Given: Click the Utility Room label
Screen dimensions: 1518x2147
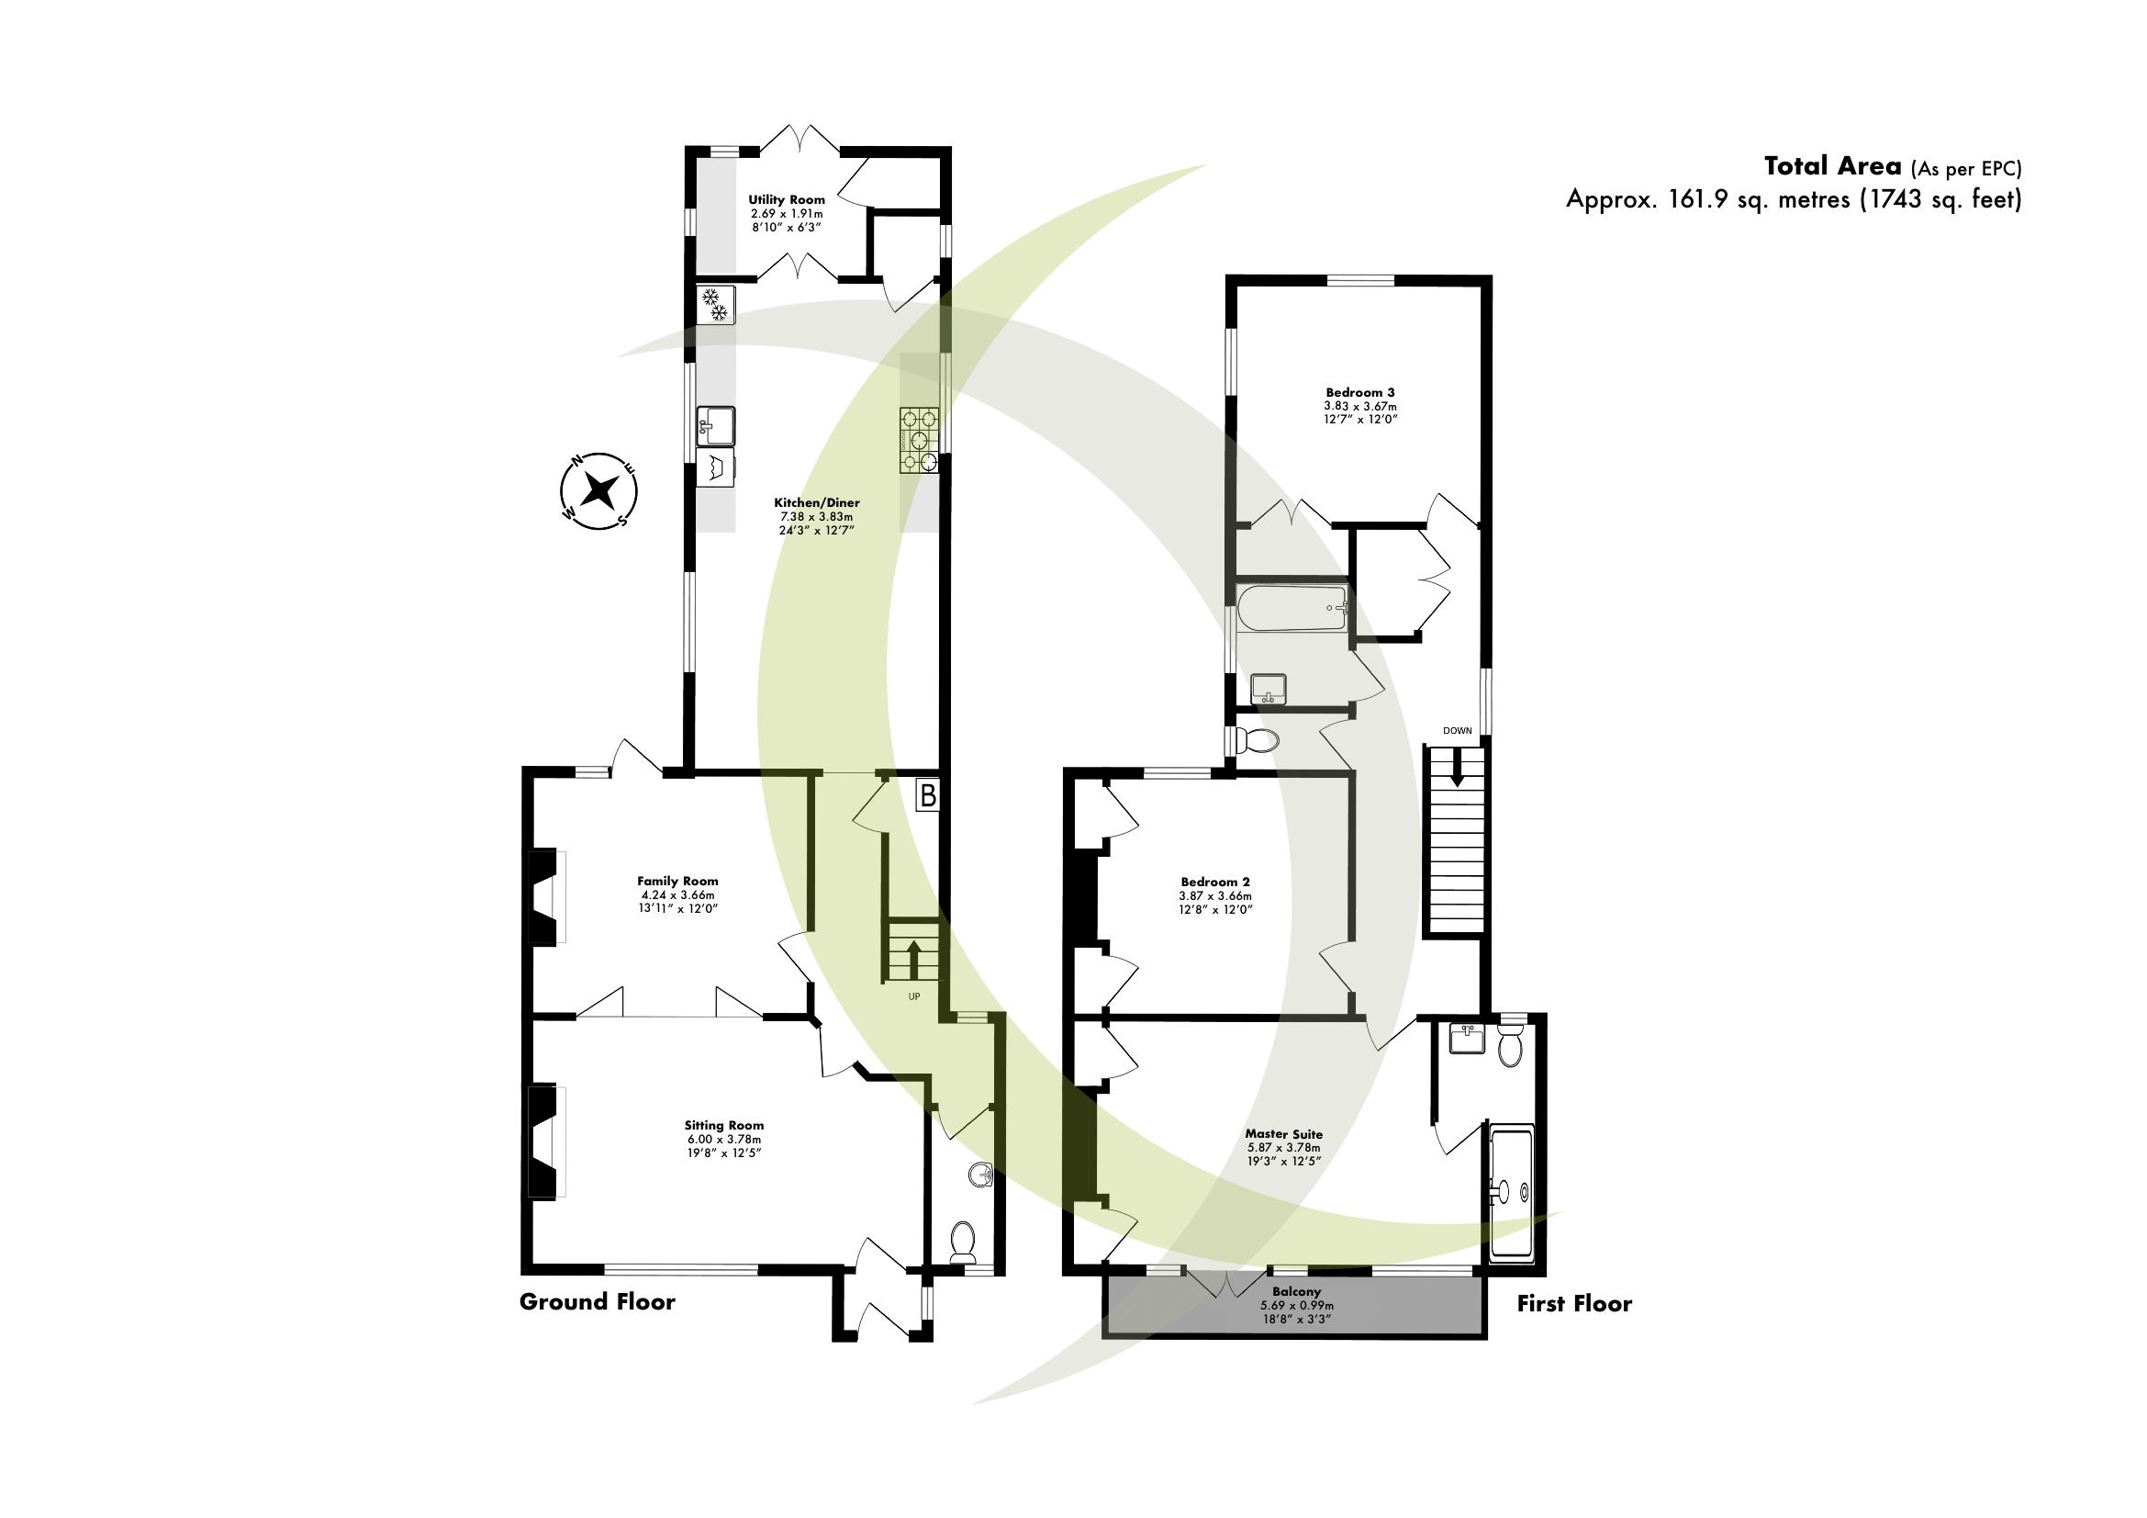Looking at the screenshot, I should point(787,199).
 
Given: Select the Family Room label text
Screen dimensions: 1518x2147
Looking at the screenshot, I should point(677,880).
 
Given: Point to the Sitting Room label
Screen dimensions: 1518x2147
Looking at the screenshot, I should point(723,1125).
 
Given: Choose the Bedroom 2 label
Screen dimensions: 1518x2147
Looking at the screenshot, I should point(1214,881).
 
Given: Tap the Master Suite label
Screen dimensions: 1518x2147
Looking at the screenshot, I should point(1283,1133).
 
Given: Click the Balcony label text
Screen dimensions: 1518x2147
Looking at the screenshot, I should point(1296,1292).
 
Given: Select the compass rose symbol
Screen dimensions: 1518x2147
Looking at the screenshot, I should point(599,489).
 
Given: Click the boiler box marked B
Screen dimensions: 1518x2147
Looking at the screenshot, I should point(927,795).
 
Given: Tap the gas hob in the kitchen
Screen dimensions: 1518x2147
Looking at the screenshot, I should point(918,441).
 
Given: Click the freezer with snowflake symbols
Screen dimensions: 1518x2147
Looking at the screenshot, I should point(715,305).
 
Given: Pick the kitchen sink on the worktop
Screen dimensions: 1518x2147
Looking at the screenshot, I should point(715,426).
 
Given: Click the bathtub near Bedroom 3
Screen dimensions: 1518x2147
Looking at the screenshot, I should point(1291,608).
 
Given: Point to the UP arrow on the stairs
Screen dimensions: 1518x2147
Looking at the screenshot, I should point(912,957).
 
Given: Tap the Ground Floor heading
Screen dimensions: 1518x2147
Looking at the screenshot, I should point(597,1302).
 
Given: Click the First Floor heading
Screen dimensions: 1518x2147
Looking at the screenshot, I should point(1574,1304).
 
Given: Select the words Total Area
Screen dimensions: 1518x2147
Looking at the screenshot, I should point(1832,166).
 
